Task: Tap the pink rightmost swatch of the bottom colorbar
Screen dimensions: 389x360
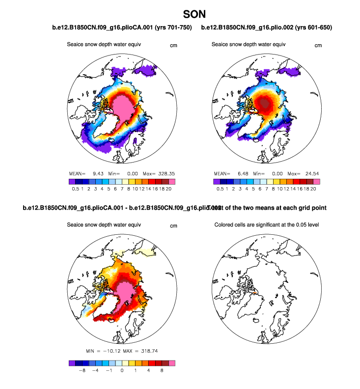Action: pos(171,363)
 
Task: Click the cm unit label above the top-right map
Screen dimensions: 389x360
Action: pos(318,46)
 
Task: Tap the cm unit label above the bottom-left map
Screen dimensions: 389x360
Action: pos(173,226)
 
